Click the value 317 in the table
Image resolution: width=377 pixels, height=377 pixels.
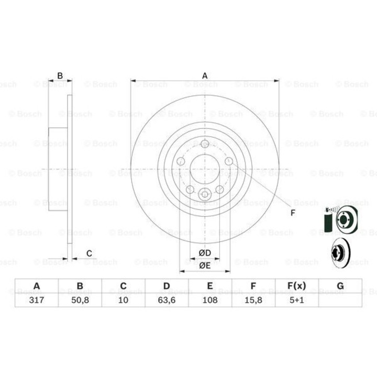(x=37, y=300)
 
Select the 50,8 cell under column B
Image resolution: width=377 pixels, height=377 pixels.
(x=80, y=300)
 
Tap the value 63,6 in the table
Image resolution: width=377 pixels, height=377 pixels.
(x=167, y=300)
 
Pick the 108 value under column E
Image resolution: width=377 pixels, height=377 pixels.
(x=210, y=300)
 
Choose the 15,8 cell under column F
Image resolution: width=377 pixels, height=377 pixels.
(x=253, y=300)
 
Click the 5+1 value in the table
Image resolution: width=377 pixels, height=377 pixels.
(x=297, y=300)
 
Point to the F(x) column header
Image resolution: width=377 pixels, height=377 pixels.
(x=297, y=286)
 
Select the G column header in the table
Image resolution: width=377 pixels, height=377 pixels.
(x=340, y=286)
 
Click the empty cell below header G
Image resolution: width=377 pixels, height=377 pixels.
(x=340, y=300)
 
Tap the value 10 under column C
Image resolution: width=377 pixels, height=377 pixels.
(x=124, y=300)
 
